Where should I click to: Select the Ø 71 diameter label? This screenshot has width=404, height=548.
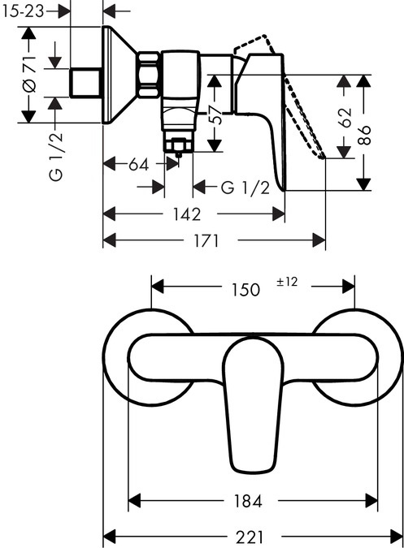click(x=28, y=76)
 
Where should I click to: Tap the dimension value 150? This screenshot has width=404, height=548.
click(x=245, y=288)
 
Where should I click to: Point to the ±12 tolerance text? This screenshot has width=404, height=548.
click(x=288, y=282)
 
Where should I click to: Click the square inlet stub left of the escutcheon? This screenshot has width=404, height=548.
click(x=85, y=81)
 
